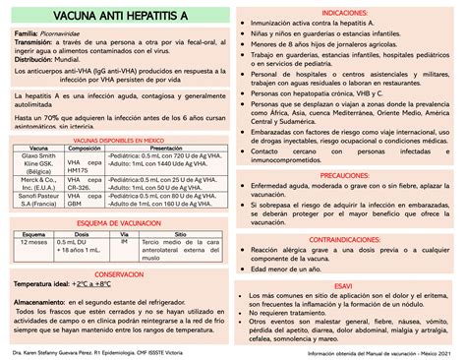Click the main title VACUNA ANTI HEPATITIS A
[116, 18]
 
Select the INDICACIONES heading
[349, 11]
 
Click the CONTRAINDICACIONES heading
[349, 239]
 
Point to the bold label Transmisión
[33, 44]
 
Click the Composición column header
[87, 150]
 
